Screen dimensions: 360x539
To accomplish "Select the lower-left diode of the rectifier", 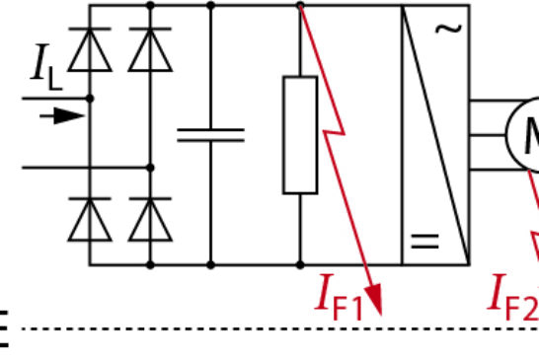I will [x=90, y=218].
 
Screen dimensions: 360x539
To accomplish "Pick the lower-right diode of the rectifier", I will [x=150, y=218].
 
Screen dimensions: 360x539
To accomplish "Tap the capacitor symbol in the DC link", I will [x=210, y=134].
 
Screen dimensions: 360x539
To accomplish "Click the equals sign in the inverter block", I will [x=424, y=242].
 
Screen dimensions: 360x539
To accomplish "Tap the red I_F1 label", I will [x=340, y=295].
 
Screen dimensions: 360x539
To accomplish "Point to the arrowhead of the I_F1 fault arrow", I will [x=374, y=296].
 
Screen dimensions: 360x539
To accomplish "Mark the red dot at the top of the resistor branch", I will [x=300, y=5].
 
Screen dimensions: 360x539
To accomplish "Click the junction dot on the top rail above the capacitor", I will [x=210, y=5].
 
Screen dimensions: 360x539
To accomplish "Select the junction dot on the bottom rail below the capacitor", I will [x=210, y=264].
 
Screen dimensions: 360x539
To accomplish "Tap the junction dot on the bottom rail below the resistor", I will [x=300, y=264].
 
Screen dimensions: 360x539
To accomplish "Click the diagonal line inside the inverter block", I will [x=435, y=134].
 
